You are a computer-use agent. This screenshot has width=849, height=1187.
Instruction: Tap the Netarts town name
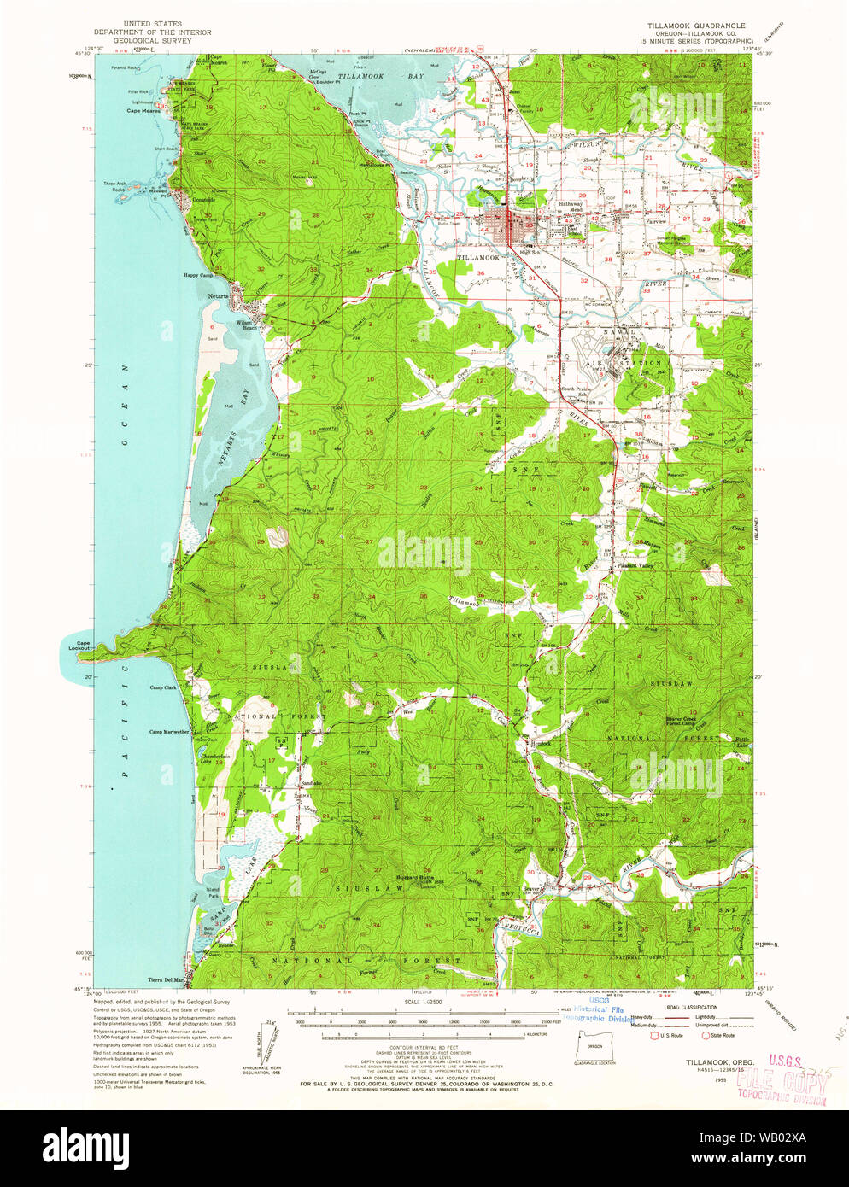(218, 296)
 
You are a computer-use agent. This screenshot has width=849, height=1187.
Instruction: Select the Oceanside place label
(203, 200)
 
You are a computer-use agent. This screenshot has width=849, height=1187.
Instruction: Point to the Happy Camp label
(197, 275)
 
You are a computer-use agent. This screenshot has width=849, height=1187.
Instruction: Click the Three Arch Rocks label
(114, 186)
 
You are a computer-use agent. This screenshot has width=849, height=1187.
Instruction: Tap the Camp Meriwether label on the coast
(169, 732)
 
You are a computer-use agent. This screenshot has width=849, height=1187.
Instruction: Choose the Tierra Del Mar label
(166, 979)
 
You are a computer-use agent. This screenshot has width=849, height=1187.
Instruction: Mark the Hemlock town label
(540, 744)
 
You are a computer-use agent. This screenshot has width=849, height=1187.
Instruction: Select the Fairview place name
(656, 220)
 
